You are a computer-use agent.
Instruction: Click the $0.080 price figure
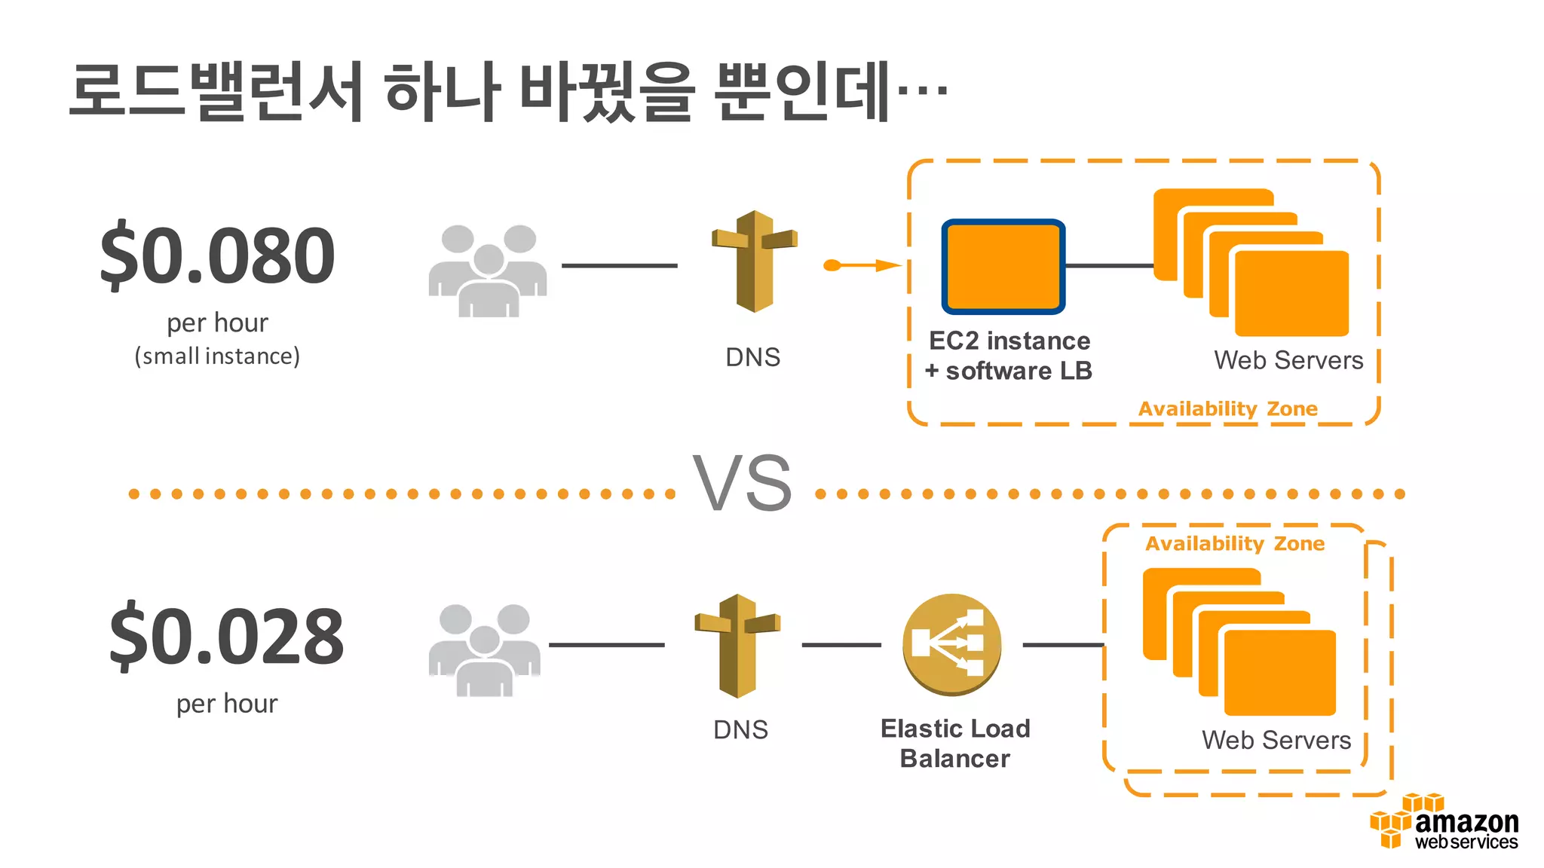pyautogui.click(x=217, y=256)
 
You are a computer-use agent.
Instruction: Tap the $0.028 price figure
pyautogui.click(x=226, y=637)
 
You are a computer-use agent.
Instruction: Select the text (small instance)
pyautogui.click(x=217, y=356)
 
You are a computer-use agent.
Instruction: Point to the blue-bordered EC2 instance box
pyautogui.click(x=1003, y=267)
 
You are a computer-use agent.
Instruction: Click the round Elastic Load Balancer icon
pyautogui.click(x=951, y=644)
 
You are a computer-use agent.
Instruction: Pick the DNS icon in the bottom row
pyautogui.click(x=737, y=645)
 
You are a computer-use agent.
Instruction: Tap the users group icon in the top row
pyautogui.click(x=489, y=270)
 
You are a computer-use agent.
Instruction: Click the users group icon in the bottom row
pyautogui.click(x=484, y=649)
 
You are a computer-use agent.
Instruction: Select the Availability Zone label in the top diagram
pyautogui.click(x=1227, y=409)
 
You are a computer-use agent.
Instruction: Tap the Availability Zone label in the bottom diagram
pyautogui.click(x=1234, y=543)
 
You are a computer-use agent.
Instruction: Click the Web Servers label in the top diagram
pyautogui.click(x=1288, y=360)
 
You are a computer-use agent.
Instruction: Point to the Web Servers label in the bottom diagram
pyautogui.click(x=1276, y=740)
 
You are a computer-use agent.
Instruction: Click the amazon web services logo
pyautogui.click(x=1446, y=823)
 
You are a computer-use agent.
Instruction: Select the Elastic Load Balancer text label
pyautogui.click(x=954, y=743)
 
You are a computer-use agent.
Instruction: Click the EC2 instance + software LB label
pyautogui.click(x=1009, y=356)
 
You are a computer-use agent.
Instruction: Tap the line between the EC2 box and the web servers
pyautogui.click(x=1109, y=265)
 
